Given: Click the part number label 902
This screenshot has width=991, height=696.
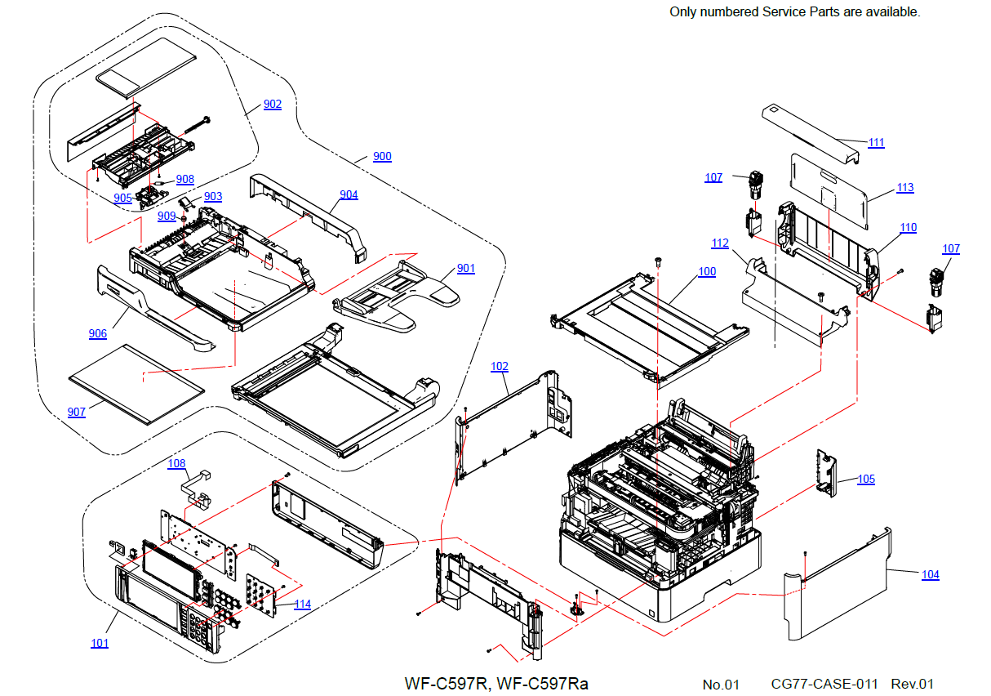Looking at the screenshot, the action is click(273, 104).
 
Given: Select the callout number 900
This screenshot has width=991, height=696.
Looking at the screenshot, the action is click(382, 156).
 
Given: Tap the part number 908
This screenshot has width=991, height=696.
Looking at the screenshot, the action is click(185, 180).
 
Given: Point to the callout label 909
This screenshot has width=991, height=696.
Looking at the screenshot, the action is click(167, 216).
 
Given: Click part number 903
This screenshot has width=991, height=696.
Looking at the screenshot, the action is click(213, 197).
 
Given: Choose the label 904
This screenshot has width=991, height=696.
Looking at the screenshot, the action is click(349, 194).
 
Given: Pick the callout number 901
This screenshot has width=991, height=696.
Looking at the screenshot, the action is click(466, 268).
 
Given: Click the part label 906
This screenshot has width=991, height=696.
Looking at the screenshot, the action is click(98, 334).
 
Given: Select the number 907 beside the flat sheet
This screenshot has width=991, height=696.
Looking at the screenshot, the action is click(77, 413).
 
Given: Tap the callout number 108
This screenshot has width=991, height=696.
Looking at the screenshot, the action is click(176, 463).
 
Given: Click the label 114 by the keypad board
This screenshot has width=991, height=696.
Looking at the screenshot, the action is click(303, 605).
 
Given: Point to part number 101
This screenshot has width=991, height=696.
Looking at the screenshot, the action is click(100, 644).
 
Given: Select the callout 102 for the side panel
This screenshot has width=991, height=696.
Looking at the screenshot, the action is click(500, 367).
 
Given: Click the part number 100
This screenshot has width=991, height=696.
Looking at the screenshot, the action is click(707, 272).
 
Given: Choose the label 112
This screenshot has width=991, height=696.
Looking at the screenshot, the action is click(720, 243).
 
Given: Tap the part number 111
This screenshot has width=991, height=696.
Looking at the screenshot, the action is click(877, 143).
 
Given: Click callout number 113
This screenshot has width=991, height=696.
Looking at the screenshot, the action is click(905, 188).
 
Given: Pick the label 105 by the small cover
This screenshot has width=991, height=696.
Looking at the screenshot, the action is click(866, 479).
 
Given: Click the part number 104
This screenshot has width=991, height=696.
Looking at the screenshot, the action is click(931, 574).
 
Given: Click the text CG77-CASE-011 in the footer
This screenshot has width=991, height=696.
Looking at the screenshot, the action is click(824, 684).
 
